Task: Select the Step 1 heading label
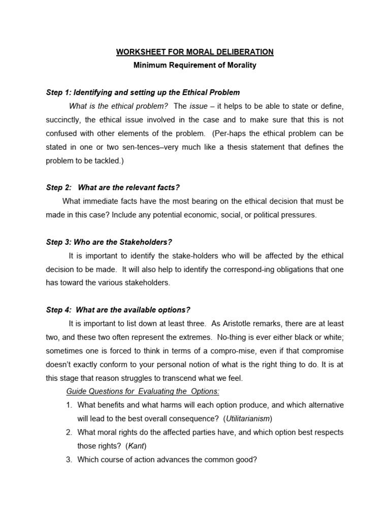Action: [x=58, y=92]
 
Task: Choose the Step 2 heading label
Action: [x=58, y=187]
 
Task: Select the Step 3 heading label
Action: [x=58, y=242]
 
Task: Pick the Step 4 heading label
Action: [x=58, y=310]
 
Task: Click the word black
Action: [x=311, y=337]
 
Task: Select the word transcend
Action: [x=169, y=377]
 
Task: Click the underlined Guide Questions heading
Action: [x=143, y=391]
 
